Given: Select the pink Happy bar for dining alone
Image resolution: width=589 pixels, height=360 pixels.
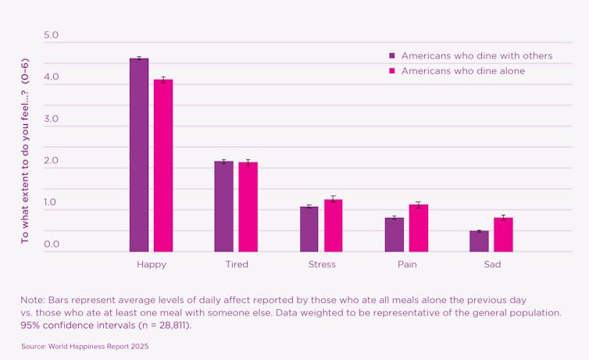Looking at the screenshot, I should coord(163,166).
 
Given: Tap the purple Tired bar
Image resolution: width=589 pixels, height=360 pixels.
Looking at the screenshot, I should coord(224,206).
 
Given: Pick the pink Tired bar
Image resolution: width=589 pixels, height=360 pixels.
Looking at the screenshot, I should coord(248,207).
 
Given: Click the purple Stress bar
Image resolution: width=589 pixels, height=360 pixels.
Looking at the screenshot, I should coord(309,229).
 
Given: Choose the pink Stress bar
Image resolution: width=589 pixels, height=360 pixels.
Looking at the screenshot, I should coord(334,226).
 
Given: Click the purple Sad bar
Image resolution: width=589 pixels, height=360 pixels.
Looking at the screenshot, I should coord(479,241).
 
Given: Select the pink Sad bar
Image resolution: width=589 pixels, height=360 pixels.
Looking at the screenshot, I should coord(503,234).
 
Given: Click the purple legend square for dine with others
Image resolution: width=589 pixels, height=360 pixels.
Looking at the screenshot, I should coord(392,56).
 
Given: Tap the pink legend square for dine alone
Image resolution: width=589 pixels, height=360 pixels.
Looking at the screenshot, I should coord(392,71).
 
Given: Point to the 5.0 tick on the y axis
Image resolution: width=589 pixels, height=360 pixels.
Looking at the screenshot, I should coord(52,36).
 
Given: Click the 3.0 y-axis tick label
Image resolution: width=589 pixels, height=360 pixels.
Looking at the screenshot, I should coord(52,119).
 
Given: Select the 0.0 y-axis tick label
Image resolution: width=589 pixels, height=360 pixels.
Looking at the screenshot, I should coord(52,244).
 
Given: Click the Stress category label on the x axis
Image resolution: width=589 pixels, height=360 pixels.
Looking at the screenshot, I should coord(322,264).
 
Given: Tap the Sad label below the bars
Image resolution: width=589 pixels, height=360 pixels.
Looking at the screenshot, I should coord(492,264).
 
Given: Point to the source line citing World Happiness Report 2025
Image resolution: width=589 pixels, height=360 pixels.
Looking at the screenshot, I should coord(84,345).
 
